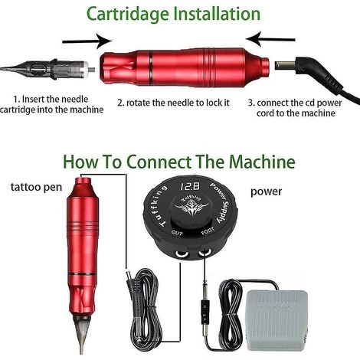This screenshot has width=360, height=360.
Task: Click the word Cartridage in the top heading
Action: [128, 15]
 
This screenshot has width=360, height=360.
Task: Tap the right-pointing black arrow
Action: [87, 41]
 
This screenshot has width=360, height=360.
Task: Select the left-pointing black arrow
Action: [270, 39]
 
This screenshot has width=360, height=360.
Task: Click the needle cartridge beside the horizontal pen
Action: [47, 69]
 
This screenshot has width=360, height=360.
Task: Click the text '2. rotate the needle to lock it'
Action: [174, 103]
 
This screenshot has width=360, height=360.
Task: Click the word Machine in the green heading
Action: [262, 162]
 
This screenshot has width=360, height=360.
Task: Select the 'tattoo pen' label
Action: [36, 187]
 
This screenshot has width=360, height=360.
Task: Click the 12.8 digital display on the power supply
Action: [190, 186]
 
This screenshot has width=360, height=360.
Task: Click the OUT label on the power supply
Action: [177, 233]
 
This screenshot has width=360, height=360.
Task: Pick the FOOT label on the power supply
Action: [208, 231]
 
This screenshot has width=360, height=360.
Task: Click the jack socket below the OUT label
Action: [182, 254]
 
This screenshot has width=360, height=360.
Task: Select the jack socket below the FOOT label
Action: [205, 253]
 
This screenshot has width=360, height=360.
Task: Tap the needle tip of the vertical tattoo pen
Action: [81, 352]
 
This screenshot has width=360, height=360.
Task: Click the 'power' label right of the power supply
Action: [266, 192]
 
